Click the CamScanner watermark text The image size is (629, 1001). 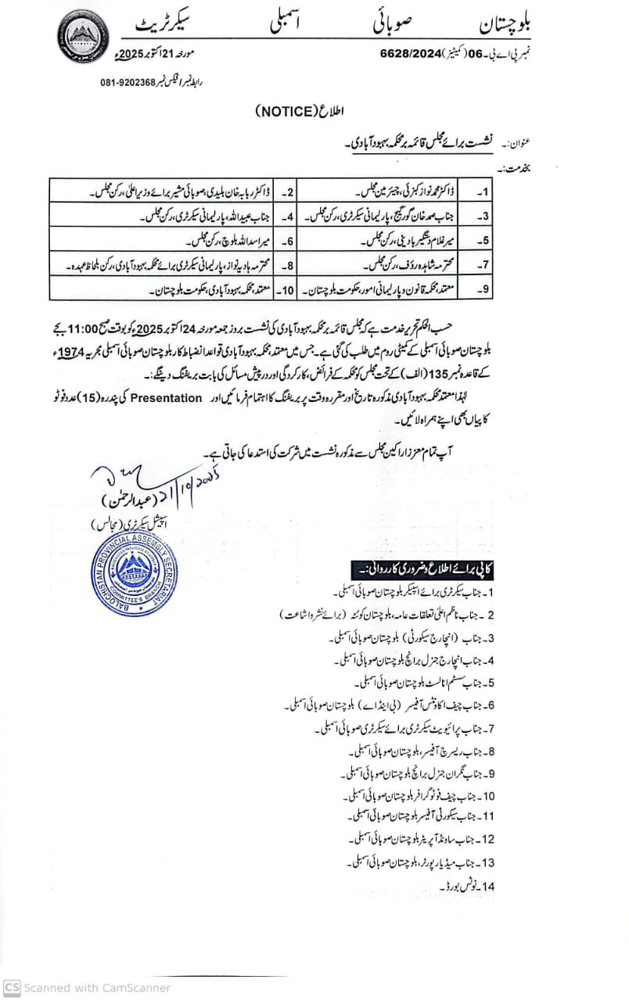[x=88, y=988]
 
